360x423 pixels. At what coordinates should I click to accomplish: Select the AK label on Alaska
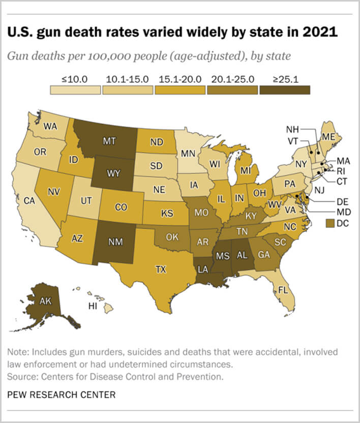tap(45, 300)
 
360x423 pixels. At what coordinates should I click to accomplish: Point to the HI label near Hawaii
tap(93, 306)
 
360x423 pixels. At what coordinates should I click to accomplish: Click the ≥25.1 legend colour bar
tap(284, 89)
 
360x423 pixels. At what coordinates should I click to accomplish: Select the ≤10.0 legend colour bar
tap(75, 89)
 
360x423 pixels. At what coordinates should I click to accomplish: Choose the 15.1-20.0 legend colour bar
tap(180, 89)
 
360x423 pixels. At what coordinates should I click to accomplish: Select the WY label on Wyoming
tap(113, 173)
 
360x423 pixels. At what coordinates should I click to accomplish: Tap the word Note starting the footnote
tap(17, 352)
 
